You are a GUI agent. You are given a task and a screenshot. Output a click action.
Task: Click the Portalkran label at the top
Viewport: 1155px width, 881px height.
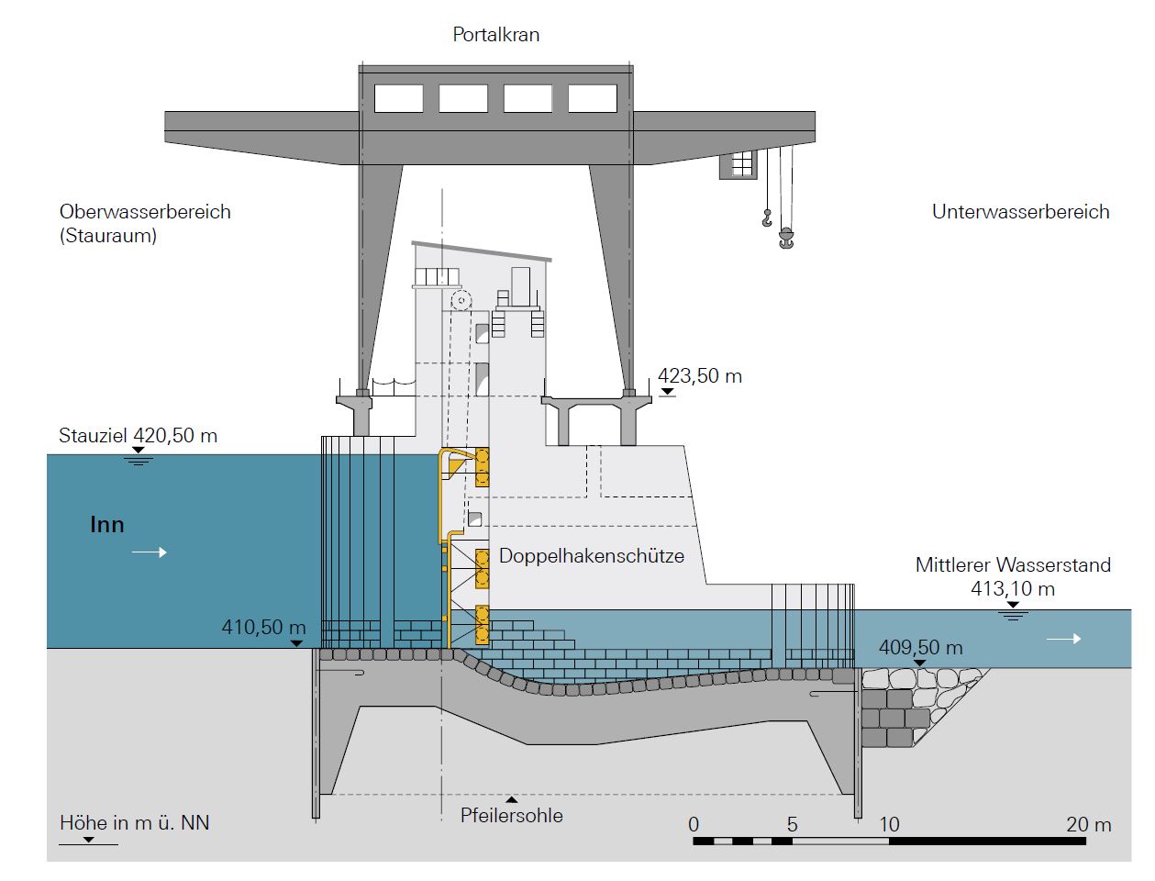[495, 35]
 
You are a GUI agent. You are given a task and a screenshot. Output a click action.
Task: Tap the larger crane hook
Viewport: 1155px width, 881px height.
[785, 240]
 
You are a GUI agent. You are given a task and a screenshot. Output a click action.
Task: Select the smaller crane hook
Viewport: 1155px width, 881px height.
[766, 218]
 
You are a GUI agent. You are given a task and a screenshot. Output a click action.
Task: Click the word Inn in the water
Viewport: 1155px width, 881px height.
[106, 526]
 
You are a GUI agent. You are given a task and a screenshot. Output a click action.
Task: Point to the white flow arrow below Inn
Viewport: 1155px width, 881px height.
[150, 552]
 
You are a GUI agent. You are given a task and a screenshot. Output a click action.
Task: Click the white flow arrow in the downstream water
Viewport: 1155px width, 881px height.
[1063, 639]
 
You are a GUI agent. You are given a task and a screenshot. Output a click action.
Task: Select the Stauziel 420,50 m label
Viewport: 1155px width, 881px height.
[138, 436]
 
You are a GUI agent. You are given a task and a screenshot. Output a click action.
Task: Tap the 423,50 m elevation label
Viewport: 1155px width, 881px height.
[700, 376]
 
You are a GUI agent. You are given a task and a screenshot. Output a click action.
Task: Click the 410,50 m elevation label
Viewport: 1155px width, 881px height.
[263, 629]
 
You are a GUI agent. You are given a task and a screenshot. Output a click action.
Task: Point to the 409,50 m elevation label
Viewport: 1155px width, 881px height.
[920, 648]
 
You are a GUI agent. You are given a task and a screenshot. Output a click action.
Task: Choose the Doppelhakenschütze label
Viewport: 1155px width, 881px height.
[591, 556]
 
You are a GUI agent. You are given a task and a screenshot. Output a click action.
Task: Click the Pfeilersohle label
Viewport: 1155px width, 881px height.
[511, 816]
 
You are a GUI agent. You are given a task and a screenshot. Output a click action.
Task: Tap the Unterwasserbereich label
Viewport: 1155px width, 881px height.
[1020, 212]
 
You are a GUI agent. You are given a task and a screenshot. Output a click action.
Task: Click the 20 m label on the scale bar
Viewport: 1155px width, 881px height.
[1088, 825]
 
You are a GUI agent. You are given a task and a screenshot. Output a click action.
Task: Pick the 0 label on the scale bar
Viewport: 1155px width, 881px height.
[694, 825]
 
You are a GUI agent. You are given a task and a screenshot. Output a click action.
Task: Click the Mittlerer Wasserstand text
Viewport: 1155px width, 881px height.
[1013, 565]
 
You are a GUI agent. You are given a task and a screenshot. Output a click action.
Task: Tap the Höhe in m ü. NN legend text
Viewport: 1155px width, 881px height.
[134, 822]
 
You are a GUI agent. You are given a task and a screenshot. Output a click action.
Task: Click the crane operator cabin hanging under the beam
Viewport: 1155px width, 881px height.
[739, 164]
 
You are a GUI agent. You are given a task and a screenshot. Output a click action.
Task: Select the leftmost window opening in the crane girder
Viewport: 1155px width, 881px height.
[399, 98]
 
